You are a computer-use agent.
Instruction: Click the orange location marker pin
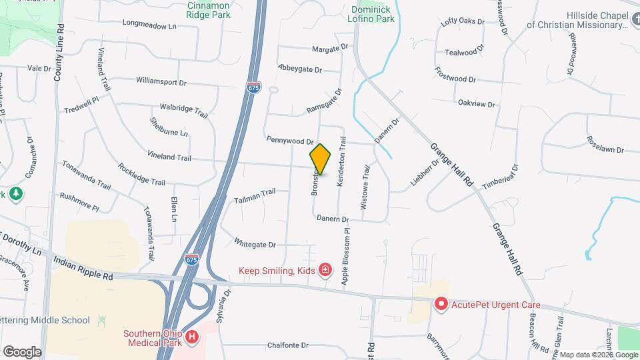(x=320, y=159)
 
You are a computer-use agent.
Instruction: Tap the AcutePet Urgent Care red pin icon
(x=441, y=305)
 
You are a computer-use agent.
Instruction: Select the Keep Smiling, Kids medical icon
(x=325, y=270)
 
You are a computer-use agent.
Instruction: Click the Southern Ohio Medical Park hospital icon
(x=192, y=338)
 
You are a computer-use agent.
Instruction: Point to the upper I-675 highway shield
(x=253, y=87)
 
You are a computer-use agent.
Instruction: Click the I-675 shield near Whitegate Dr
(x=191, y=256)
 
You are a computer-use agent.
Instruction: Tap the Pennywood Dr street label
(x=289, y=141)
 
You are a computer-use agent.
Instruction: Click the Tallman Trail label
(x=255, y=193)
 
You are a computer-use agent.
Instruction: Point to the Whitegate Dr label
(x=255, y=244)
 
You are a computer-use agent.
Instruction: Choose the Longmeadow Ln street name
(x=149, y=26)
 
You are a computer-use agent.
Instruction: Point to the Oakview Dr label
(x=477, y=103)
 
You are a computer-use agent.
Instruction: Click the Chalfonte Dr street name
(x=287, y=345)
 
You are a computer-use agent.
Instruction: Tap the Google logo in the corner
(x=22, y=351)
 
